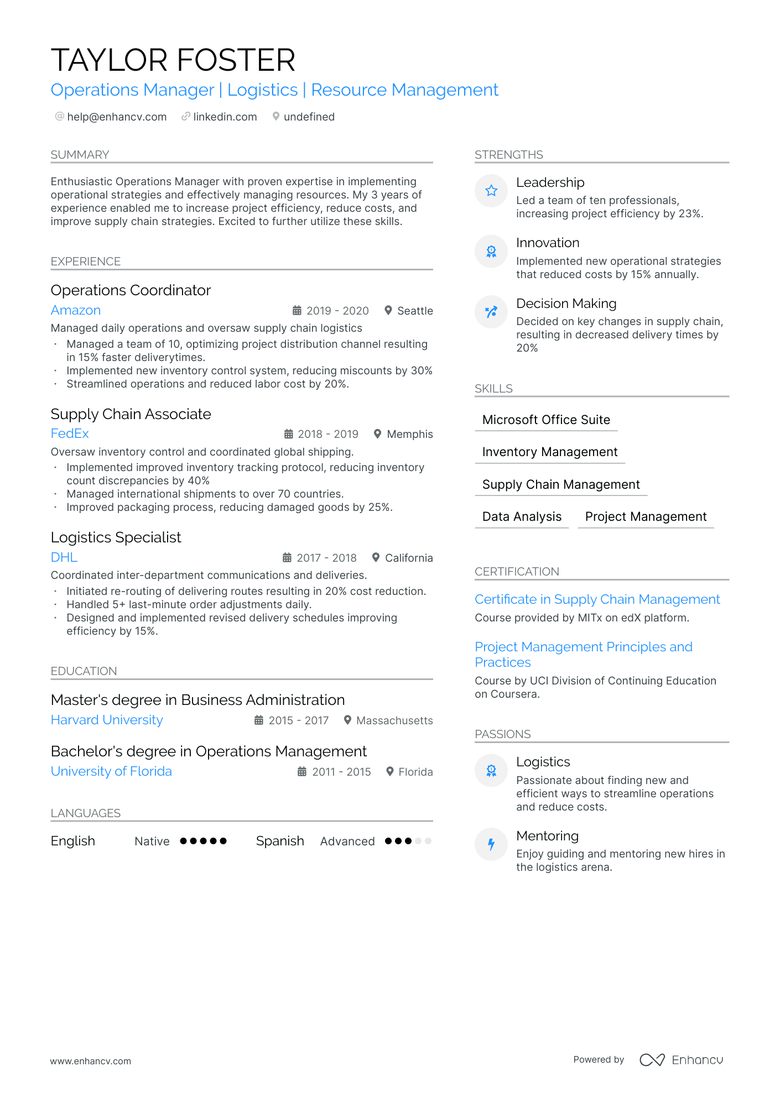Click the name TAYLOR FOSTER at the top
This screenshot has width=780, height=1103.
point(173,60)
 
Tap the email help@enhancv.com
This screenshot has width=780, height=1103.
point(116,117)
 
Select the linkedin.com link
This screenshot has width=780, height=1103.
point(225,117)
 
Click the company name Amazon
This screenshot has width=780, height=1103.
point(76,310)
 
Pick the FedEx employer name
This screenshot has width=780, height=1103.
point(70,433)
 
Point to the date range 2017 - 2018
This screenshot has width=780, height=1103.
point(326,558)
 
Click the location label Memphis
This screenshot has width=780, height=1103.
point(409,434)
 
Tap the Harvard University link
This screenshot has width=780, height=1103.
point(107,720)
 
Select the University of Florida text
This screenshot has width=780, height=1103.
point(111,771)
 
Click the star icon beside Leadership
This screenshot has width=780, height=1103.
point(491,191)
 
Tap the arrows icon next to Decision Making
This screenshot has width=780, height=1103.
point(491,312)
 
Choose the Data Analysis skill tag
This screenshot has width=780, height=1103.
point(522,516)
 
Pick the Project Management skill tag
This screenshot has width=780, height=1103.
point(646,516)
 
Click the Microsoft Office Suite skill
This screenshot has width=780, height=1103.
point(546,420)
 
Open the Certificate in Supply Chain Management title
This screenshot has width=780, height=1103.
point(597,599)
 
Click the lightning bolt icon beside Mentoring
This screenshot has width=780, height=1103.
point(491,844)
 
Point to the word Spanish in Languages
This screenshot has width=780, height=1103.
point(280,841)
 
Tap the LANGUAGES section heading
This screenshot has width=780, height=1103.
point(86,813)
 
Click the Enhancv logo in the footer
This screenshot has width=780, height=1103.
point(681,1060)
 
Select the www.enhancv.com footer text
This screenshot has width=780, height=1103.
point(91,1061)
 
